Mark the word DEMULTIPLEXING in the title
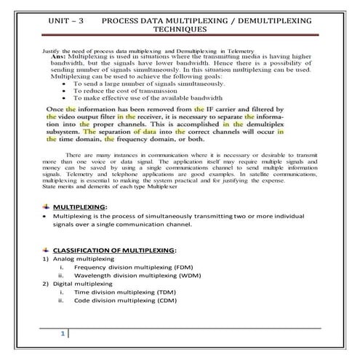click(x=255, y=20)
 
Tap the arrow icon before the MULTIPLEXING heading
click(x=47, y=207)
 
